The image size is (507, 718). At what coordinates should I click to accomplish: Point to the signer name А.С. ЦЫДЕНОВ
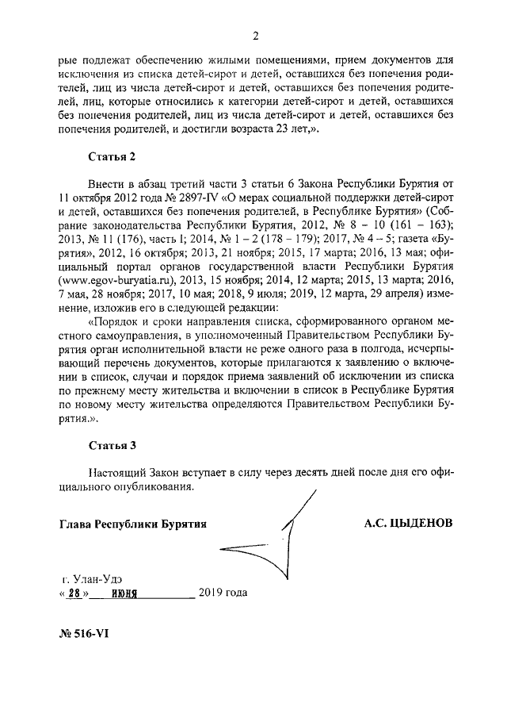coord(409,524)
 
